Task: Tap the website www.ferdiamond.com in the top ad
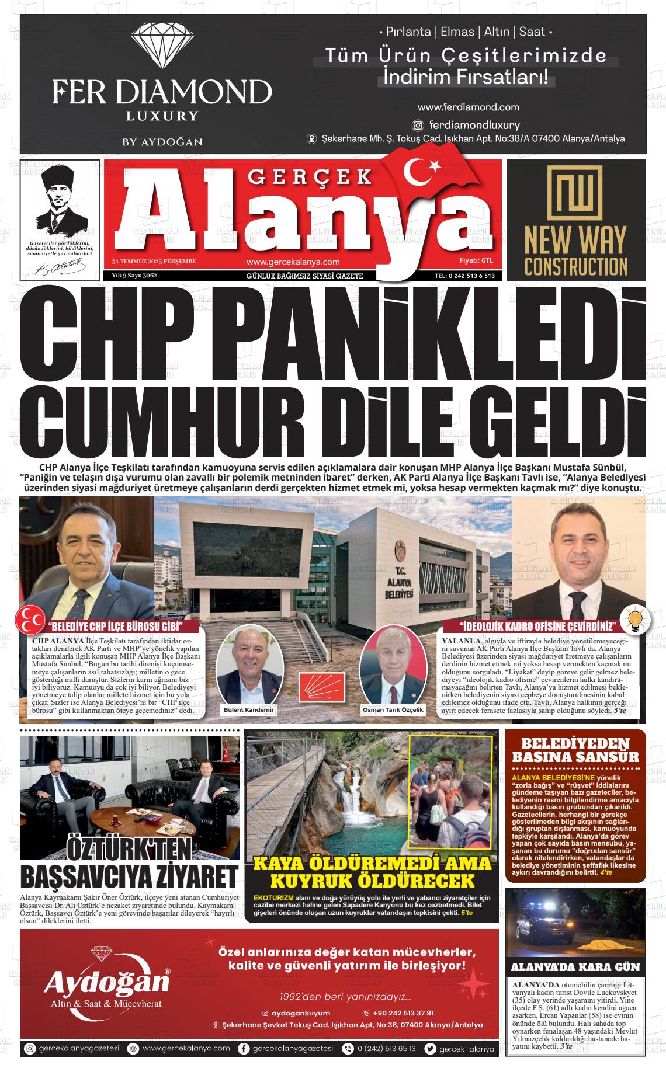(468, 107)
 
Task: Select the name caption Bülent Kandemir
(249, 710)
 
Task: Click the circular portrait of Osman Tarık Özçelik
(390, 664)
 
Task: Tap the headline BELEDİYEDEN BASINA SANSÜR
(575, 750)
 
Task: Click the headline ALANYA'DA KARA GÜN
(575, 967)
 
